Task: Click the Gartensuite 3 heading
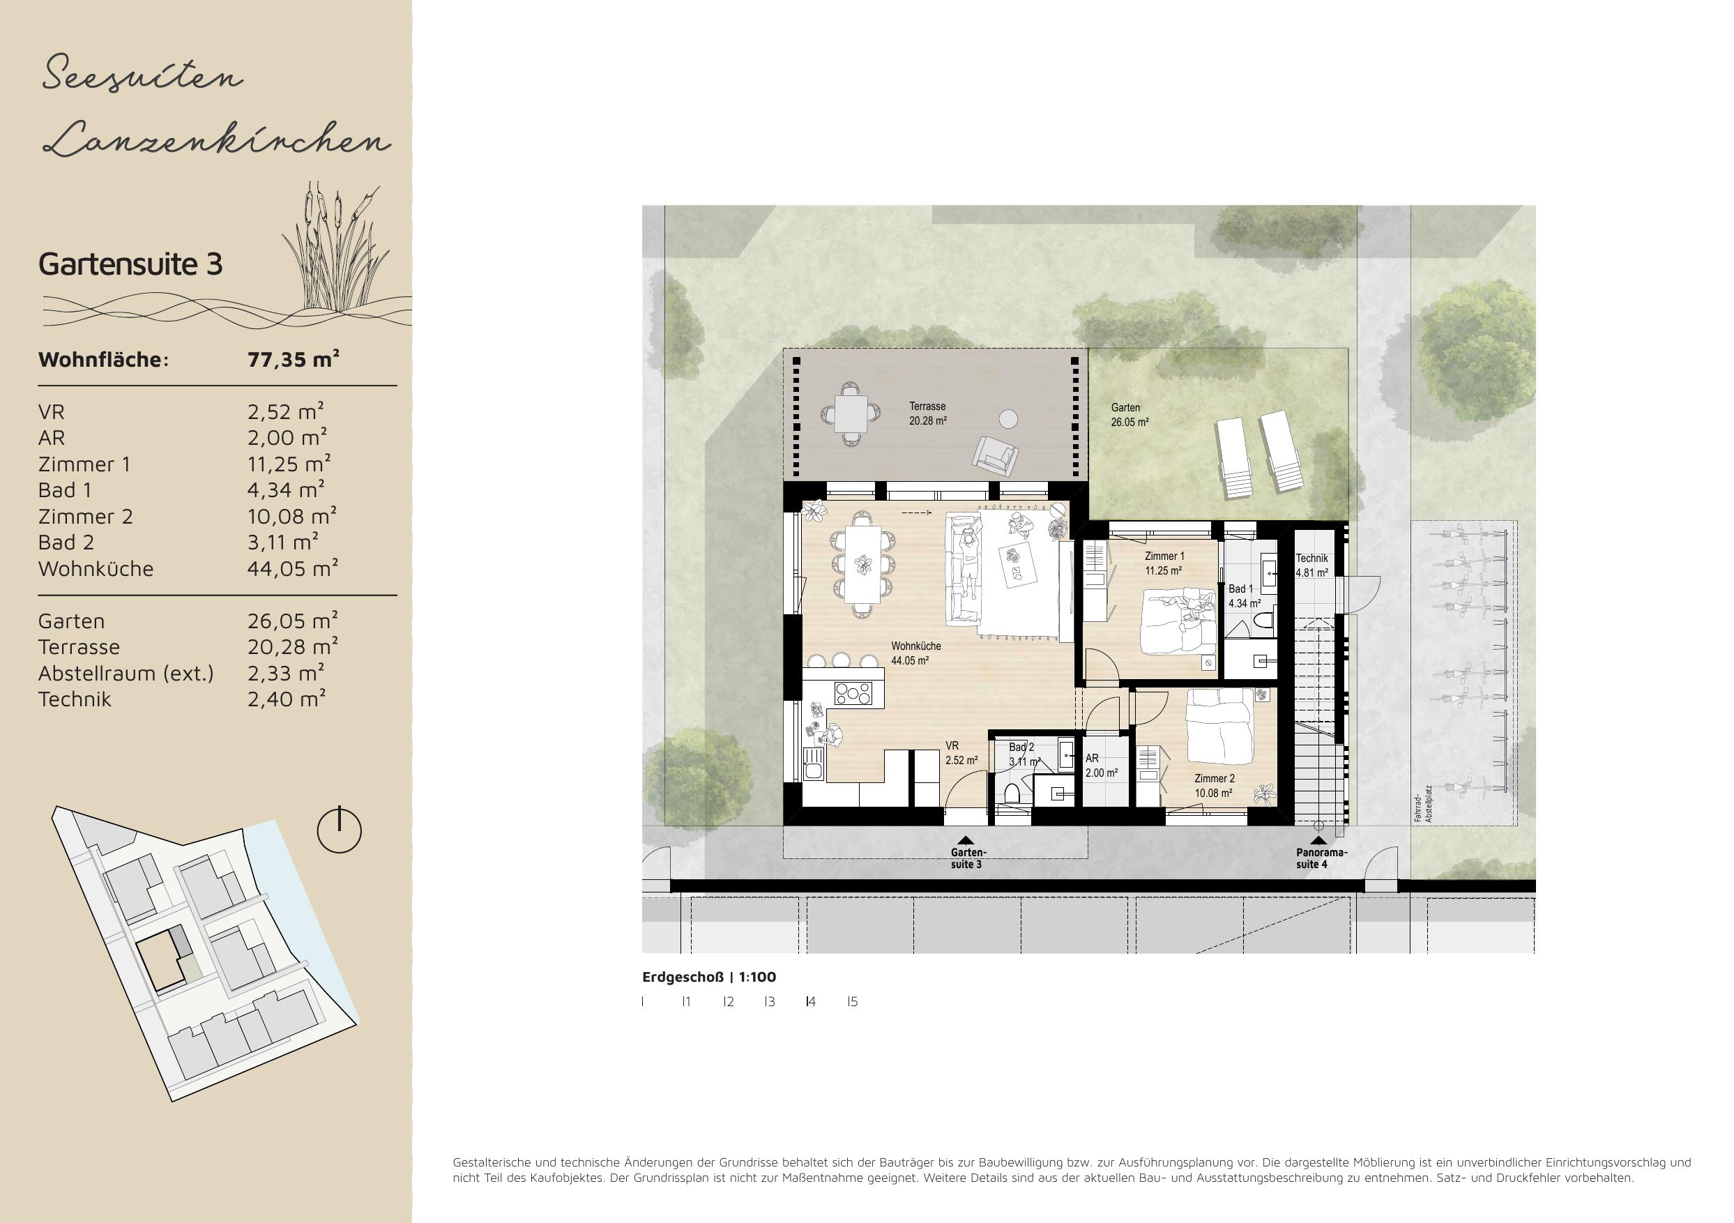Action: coord(130,264)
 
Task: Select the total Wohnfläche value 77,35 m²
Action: coord(293,359)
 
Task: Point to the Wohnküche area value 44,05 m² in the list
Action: coord(292,568)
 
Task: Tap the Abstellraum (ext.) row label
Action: coord(126,673)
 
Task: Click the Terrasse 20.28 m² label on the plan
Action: coord(928,414)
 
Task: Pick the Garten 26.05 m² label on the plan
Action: coord(1130,415)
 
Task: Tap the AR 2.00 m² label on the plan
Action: coord(1101,765)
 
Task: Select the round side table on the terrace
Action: coord(1007,418)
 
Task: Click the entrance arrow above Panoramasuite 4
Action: coord(1318,840)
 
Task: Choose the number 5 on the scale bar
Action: coord(853,1002)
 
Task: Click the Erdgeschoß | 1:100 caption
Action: coord(709,977)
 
